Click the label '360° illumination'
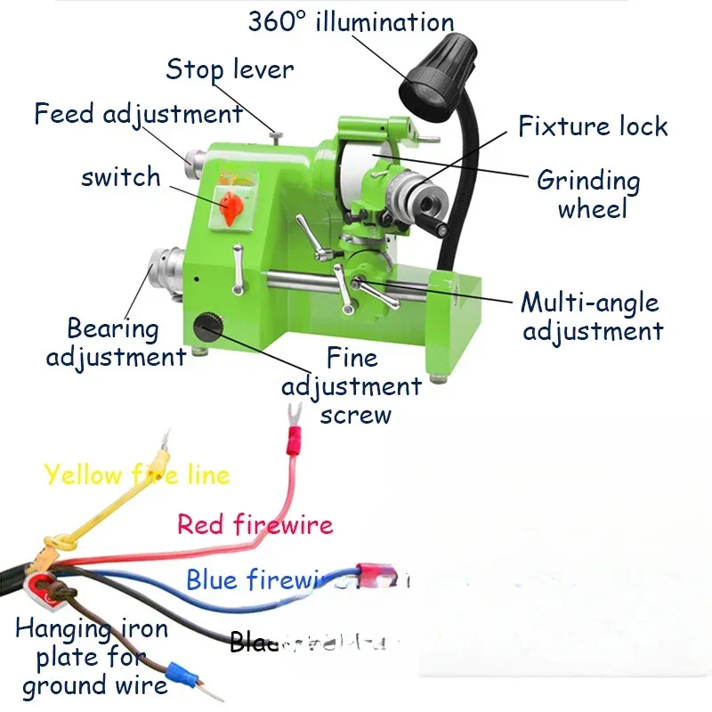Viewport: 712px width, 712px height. (351, 22)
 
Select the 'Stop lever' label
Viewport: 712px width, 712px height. (229, 69)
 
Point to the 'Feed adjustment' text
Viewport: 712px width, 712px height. (138, 114)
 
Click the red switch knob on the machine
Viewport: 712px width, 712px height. (232, 206)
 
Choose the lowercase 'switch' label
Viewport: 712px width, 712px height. (121, 176)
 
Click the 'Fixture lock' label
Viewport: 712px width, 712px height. (593, 126)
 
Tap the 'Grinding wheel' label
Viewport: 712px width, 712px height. (589, 194)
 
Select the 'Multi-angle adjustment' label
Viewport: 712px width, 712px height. (593, 316)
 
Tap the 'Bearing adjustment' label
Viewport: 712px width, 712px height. (115, 343)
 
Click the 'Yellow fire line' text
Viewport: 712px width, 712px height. (136, 474)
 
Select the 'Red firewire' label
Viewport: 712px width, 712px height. (255, 523)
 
